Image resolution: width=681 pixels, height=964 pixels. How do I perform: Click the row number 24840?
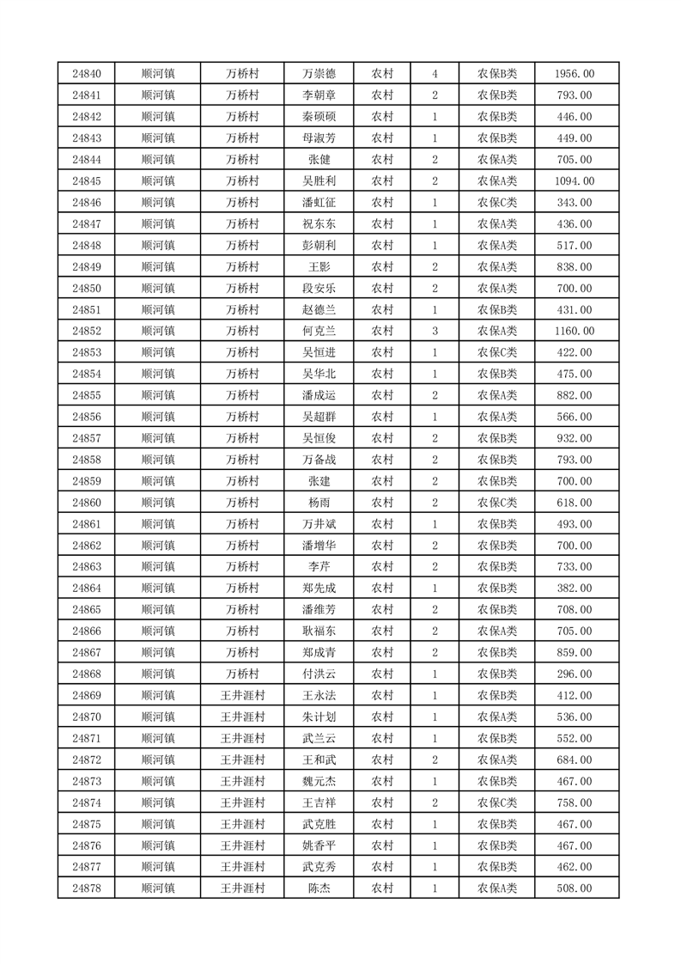tap(87, 75)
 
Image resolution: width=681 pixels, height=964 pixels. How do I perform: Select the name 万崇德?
tap(319, 75)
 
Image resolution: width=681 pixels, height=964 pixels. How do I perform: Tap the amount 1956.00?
tap(575, 75)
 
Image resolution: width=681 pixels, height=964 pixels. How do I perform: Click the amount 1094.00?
tap(575, 181)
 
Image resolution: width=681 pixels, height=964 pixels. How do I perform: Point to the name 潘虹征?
tap(319, 203)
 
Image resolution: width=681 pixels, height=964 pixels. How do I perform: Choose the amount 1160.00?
tap(575, 331)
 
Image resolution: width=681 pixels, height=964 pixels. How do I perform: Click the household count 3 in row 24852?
tap(435, 331)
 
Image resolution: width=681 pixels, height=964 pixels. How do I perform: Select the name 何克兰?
tap(319, 331)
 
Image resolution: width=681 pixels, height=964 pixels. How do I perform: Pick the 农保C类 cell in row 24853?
tap(496, 352)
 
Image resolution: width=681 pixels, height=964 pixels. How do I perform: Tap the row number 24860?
tap(87, 503)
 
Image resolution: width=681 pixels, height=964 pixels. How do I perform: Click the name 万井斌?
tap(319, 524)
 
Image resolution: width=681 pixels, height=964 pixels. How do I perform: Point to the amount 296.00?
tap(575, 674)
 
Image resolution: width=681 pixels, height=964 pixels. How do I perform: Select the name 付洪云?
tap(319, 674)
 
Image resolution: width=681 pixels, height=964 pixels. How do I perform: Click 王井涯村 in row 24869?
tap(242, 695)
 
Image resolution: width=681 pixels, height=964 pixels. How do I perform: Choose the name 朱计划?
tap(319, 717)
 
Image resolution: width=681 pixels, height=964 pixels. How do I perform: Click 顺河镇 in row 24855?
tap(158, 395)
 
